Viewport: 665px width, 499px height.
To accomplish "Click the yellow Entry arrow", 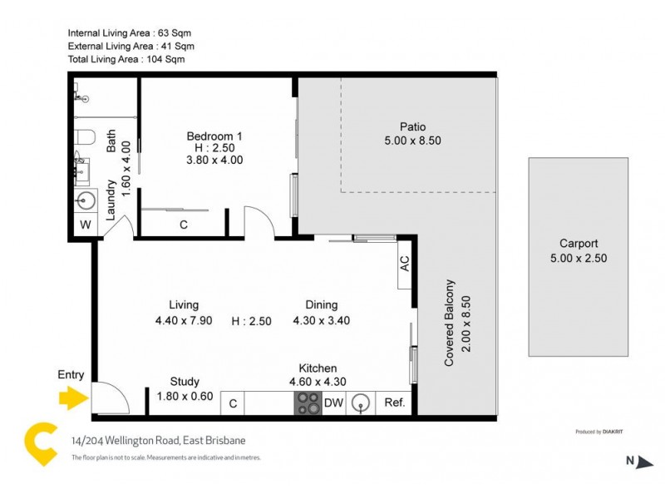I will (x=73, y=400).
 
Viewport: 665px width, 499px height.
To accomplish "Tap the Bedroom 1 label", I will (x=214, y=136).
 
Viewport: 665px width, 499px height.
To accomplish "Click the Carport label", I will (x=578, y=244).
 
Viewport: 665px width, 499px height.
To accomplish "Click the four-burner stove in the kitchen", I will (x=308, y=403).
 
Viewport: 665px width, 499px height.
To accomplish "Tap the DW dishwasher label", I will (x=332, y=403).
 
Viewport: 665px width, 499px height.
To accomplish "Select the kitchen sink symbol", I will (x=359, y=403).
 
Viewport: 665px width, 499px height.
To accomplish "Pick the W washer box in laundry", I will (x=85, y=225).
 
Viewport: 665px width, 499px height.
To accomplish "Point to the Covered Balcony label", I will (x=450, y=323).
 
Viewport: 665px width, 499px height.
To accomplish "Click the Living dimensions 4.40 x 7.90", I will (x=184, y=321).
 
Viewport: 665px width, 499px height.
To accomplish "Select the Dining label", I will (x=321, y=305).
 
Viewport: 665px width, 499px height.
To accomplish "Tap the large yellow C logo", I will (x=37, y=445).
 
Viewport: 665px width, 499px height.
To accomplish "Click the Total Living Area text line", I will (x=126, y=60).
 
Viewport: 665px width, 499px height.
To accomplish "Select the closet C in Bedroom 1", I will (x=183, y=225).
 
